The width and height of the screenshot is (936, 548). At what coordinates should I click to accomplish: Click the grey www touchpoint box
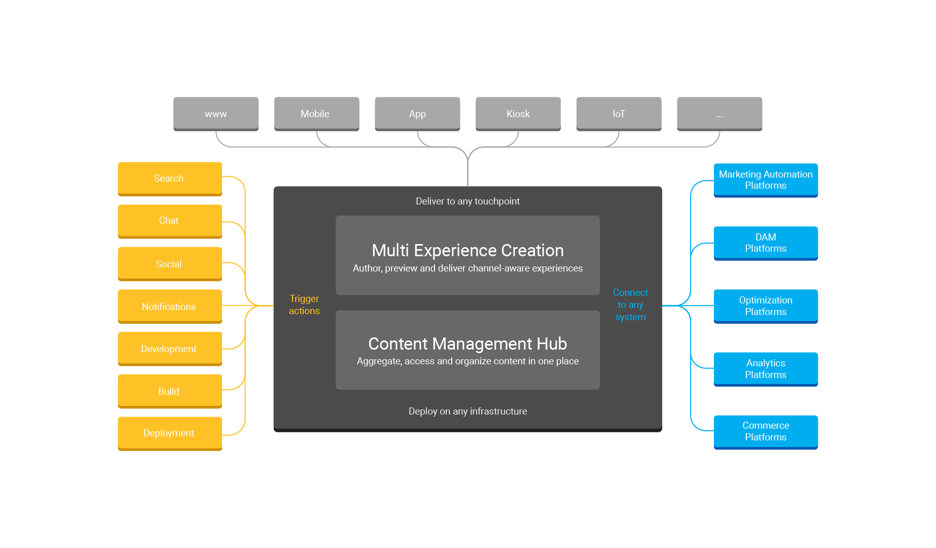pyautogui.click(x=216, y=114)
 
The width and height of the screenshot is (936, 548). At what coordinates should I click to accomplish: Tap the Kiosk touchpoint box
pyautogui.click(x=518, y=114)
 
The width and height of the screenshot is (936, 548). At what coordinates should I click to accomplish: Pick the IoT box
pyautogui.click(x=619, y=114)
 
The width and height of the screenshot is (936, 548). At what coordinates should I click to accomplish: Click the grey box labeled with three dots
pyautogui.click(x=719, y=114)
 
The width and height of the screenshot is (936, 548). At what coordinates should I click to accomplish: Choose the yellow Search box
pyautogui.click(x=169, y=178)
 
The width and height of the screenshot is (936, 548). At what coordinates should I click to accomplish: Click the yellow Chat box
pyautogui.click(x=169, y=221)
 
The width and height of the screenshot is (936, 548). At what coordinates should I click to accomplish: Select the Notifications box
pyautogui.click(x=169, y=306)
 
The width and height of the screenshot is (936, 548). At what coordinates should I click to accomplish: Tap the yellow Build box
pyautogui.click(x=169, y=391)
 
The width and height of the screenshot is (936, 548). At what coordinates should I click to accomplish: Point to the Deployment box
pyautogui.click(x=169, y=433)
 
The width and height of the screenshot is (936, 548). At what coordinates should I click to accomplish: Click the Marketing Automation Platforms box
pyautogui.click(x=766, y=180)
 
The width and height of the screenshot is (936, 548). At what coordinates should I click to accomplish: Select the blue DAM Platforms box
pyautogui.click(x=766, y=243)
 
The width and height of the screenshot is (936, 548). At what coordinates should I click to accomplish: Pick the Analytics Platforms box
pyautogui.click(x=766, y=368)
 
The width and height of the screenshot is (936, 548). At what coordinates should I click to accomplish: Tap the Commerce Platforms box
pyautogui.click(x=766, y=431)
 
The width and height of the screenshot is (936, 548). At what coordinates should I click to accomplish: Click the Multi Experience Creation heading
pyautogui.click(x=467, y=250)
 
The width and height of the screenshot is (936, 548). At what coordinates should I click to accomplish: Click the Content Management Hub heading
pyautogui.click(x=467, y=344)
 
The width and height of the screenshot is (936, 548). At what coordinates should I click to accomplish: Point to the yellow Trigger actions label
pyautogui.click(x=304, y=304)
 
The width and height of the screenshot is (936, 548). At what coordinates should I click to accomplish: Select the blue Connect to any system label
pyautogui.click(x=630, y=304)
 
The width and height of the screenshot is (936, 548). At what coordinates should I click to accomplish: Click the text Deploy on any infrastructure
pyautogui.click(x=467, y=411)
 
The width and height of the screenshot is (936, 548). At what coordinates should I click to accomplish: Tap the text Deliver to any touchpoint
pyautogui.click(x=467, y=201)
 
